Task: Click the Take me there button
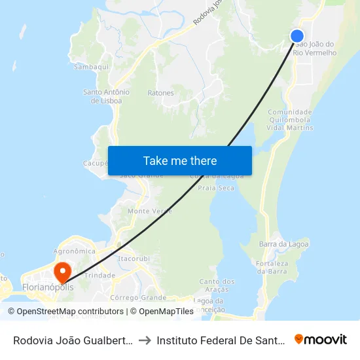[180, 160]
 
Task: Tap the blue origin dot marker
[297, 37]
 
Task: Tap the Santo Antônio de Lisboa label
[107, 96]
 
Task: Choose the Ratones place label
[160, 93]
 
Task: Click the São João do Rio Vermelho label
[316, 48]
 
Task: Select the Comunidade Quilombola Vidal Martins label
[290, 120]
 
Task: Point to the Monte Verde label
[150, 211]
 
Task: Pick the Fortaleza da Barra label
[272, 267]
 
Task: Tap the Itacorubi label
[134, 259]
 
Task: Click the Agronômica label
[74, 251]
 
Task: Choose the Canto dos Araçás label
[216, 285]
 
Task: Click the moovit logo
[321, 339]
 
